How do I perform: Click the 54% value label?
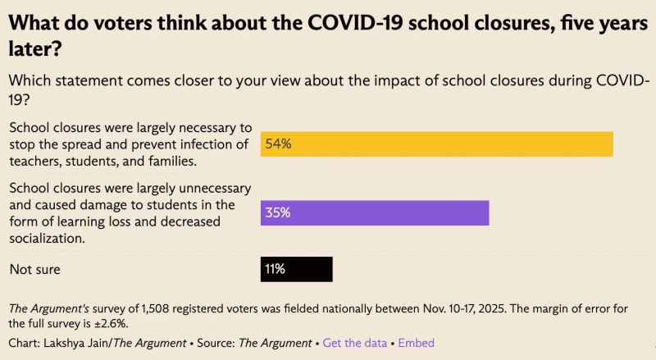pyautogui.click(x=277, y=144)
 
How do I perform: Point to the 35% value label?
pyautogui.click(x=277, y=213)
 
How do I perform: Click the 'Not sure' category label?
pyautogui.click(x=34, y=269)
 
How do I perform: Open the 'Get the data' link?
pyautogui.click(x=355, y=343)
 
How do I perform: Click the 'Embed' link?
pyautogui.click(x=416, y=343)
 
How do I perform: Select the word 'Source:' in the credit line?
pyautogui.click(x=216, y=343)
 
